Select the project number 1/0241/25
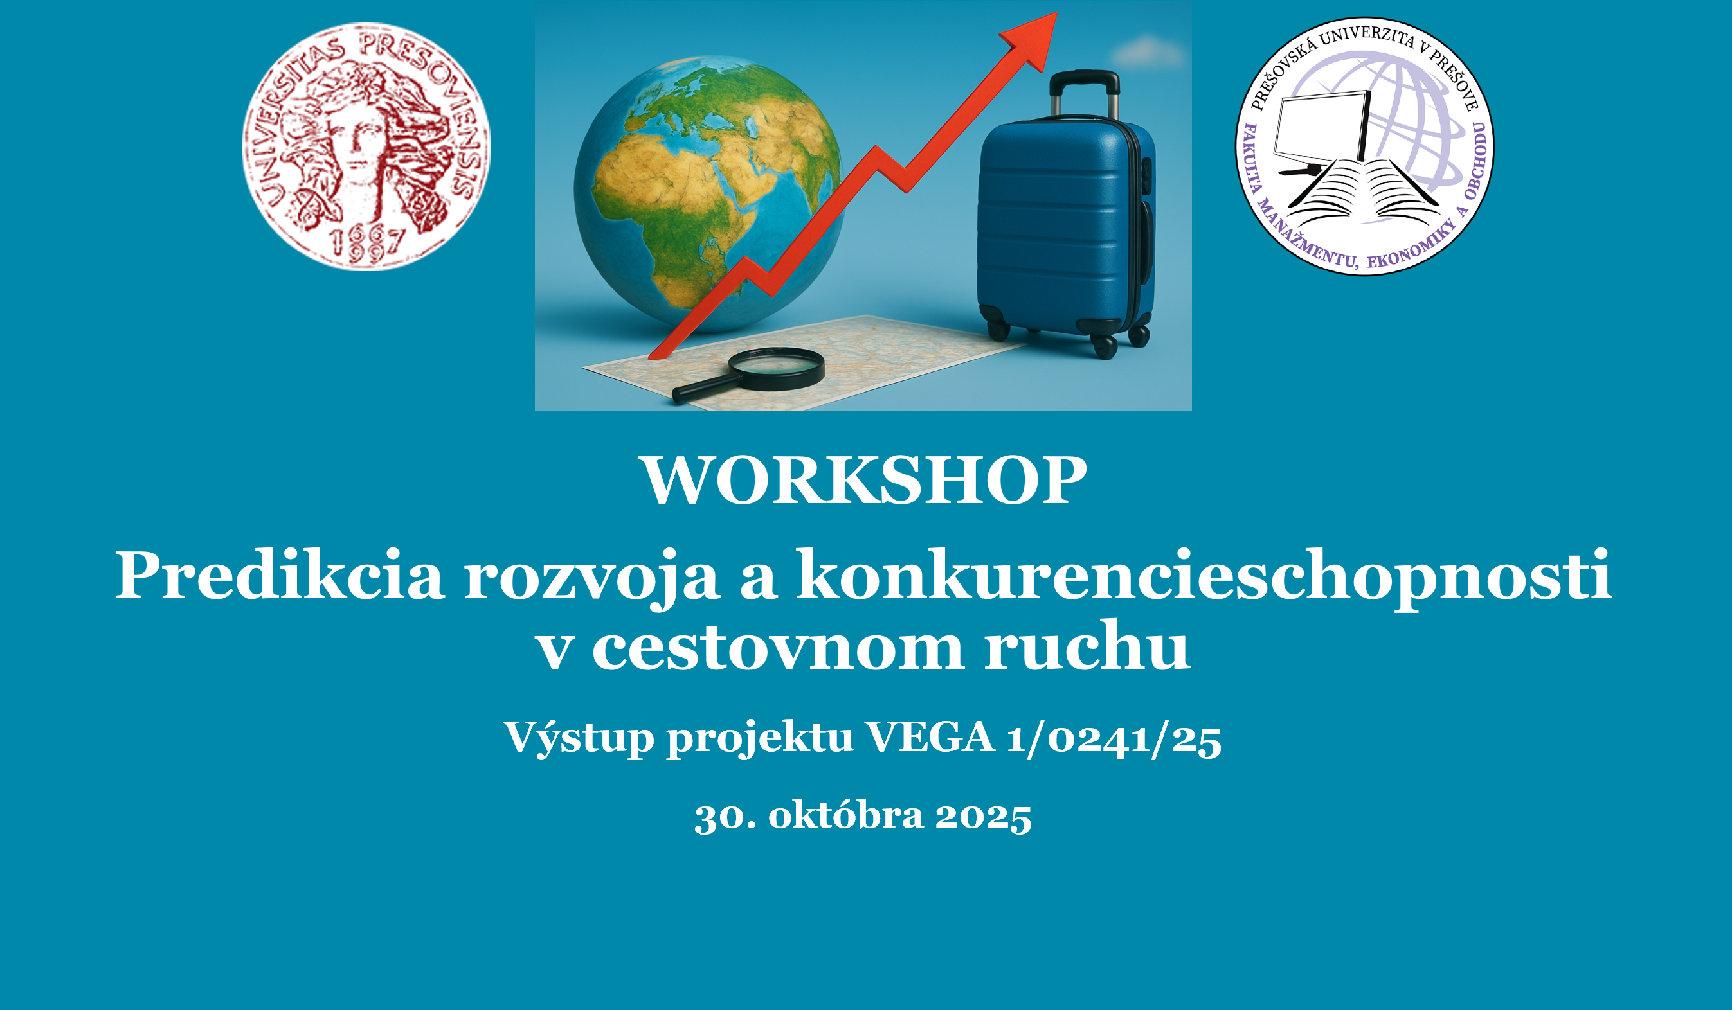point(1114,740)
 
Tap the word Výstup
point(579,740)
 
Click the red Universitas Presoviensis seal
point(366,146)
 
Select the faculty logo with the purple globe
point(1364,146)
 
